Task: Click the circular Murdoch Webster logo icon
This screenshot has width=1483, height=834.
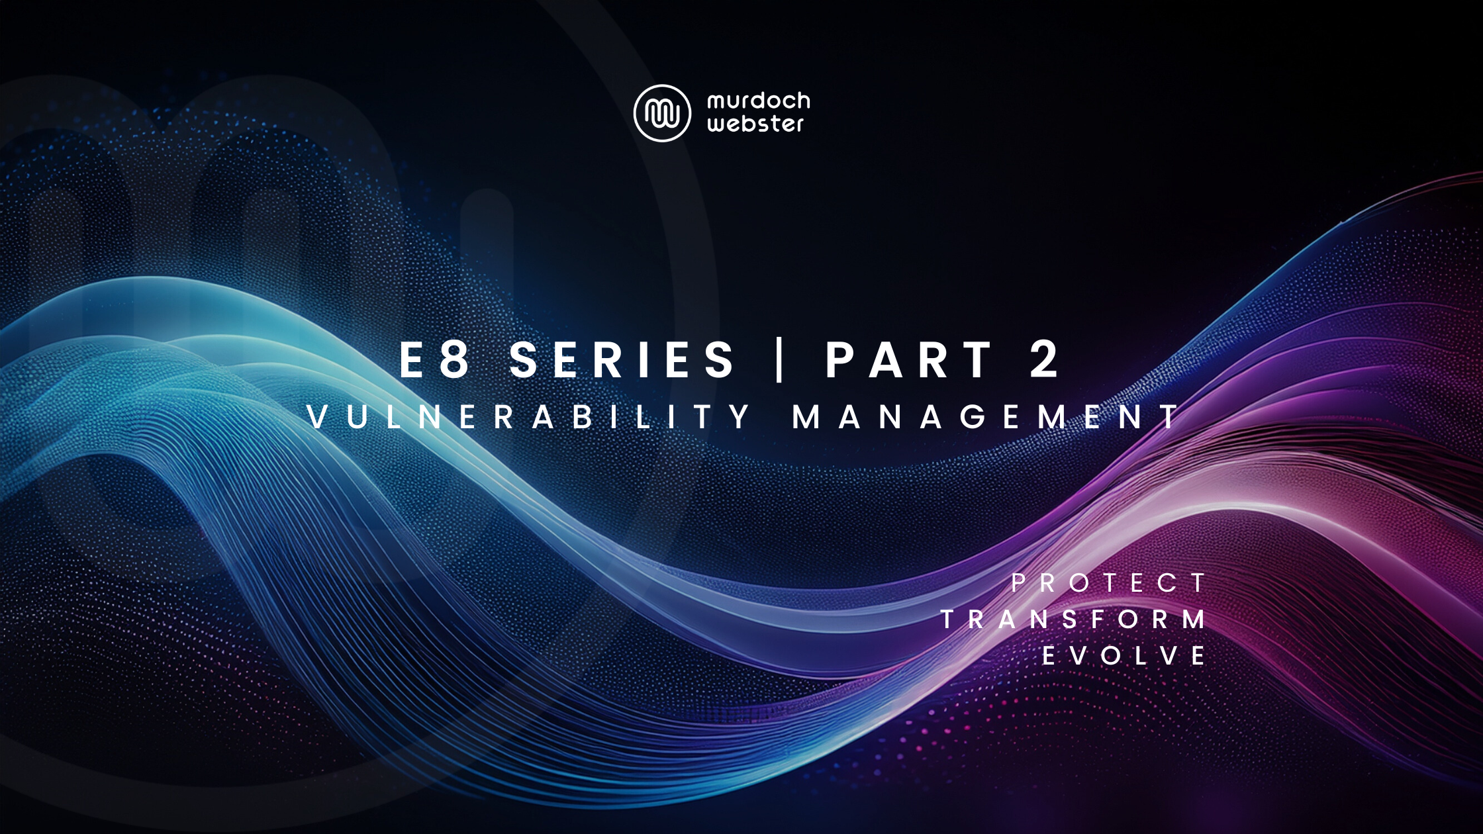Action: click(x=662, y=113)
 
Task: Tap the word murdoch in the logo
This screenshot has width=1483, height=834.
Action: click(x=758, y=101)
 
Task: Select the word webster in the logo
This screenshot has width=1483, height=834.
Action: click(x=755, y=124)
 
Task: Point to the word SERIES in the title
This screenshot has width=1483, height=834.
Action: click(x=622, y=360)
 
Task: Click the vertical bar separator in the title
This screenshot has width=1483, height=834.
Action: click(x=779, y=360)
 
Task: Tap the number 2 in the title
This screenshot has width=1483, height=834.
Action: click(x=1045, y=360)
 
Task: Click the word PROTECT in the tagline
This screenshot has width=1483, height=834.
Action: click(x=1108, y=583)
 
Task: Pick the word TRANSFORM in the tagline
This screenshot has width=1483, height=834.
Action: click(x=1073, y=620)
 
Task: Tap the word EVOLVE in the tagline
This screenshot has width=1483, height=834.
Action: click(x=1124, y=656)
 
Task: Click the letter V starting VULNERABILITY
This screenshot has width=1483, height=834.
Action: click(x=318, y=417)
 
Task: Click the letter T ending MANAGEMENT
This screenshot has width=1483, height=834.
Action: click(x=1169, y=417)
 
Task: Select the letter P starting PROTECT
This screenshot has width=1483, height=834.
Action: click(x=1018, y=583)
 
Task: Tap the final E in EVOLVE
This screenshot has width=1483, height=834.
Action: click(x=1198, y=656)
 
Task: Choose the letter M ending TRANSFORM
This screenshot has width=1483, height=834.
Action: click(x=1194, y=620)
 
